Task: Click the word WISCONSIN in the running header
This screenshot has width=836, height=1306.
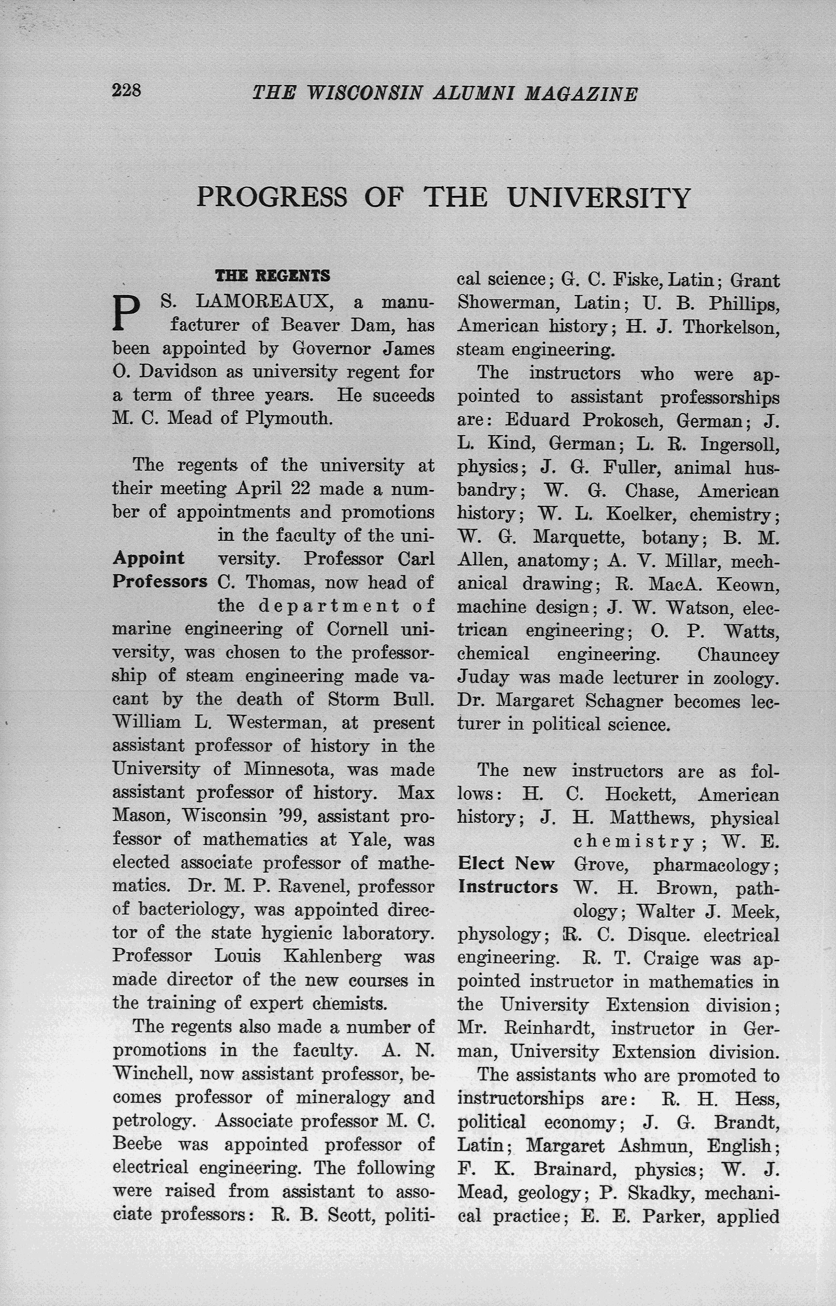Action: tap(364, 93)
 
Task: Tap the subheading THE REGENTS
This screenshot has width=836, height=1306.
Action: tap(273, 276)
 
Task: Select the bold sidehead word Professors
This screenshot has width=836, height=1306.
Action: tap(159, 581)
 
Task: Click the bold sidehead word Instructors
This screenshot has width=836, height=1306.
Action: tap(507, 887)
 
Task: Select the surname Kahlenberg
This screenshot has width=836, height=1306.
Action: tap(332, 956)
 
